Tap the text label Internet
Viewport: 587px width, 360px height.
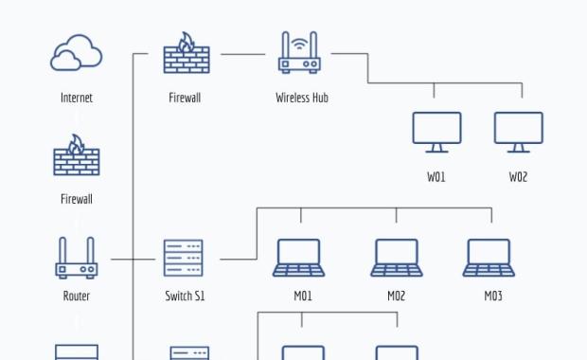click(x=77, y=98)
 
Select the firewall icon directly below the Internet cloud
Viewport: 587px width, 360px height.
click(x=77, y=155)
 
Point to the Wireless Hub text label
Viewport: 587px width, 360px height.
click(x=302, y=98)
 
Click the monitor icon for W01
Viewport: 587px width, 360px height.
click(x=436, y=132)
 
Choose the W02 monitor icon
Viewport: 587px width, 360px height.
click(x=518, y=132)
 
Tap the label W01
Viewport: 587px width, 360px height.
click(x=436, y=177)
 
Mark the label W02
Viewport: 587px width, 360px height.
click(x=518, y=177)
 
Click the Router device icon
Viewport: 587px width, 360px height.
click(x=77, y=258)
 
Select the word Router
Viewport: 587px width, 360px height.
click(x=77, y=297)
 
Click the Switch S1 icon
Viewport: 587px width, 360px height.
click(x=184, y=258)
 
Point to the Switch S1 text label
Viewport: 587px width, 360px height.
click(x=185, y=297)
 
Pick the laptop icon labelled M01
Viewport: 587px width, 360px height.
click(x=299, y=258)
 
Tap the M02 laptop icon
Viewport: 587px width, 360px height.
click(x=397, y=258)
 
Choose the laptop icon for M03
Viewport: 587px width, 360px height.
click(x=489, y=258)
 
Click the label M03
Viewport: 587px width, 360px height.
click(x=493, y=297)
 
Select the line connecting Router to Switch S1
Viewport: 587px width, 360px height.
click(x=133, y=259)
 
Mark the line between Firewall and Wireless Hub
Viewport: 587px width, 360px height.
click(x=243, y=54)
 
